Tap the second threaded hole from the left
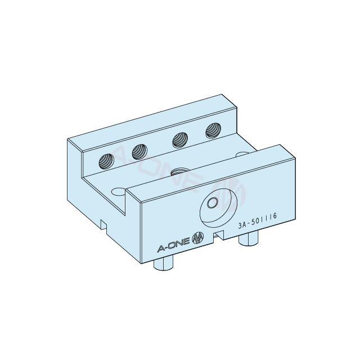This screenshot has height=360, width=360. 139,151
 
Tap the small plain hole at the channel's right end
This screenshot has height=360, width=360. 242,154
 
